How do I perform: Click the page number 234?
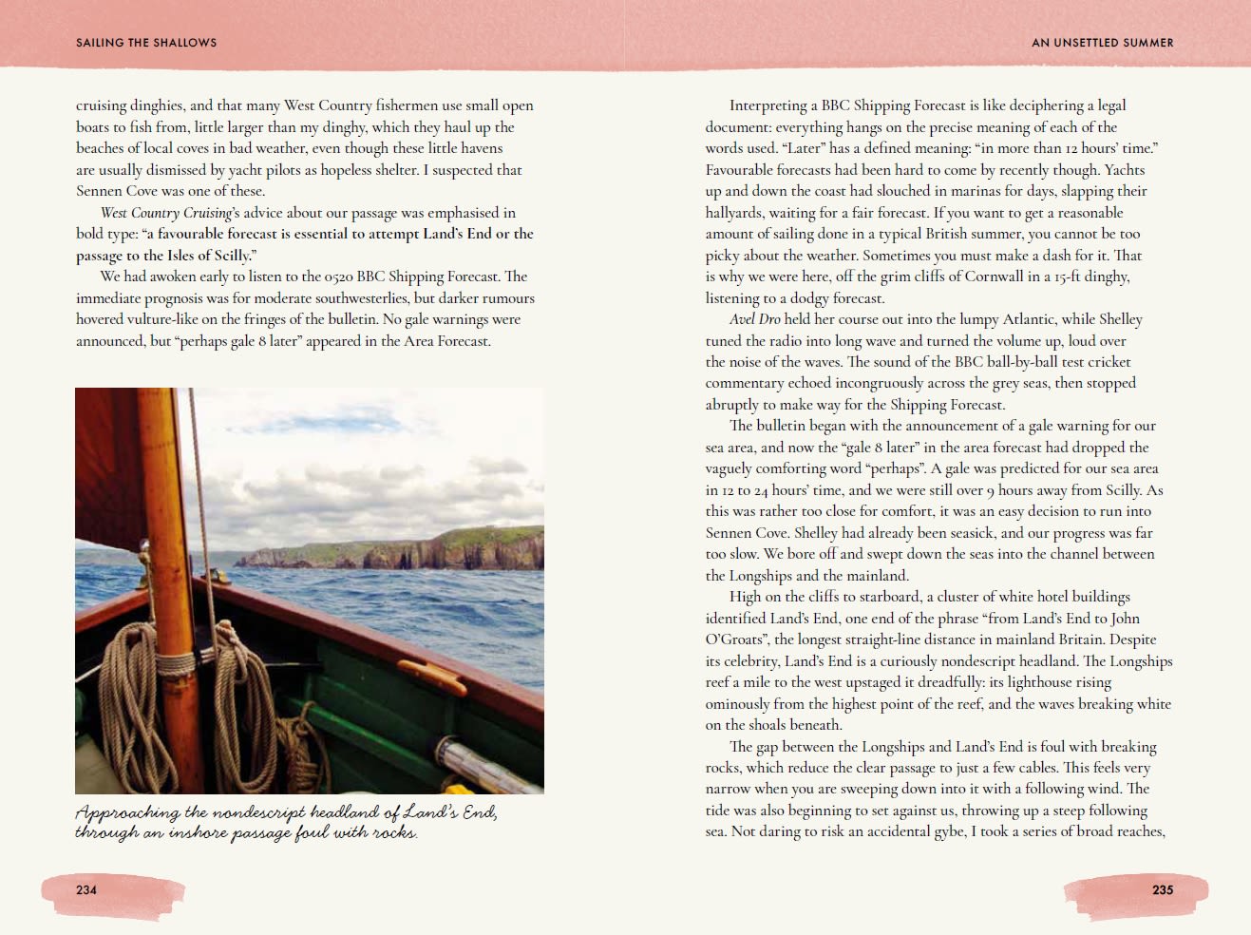(86, 889)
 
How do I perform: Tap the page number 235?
(1163, 889)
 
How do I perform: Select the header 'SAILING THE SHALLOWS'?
(146, 43)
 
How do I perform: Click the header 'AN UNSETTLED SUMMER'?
(1102, 43)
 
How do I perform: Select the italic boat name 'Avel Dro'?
(756, 319)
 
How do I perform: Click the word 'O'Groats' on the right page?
(737, 639)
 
